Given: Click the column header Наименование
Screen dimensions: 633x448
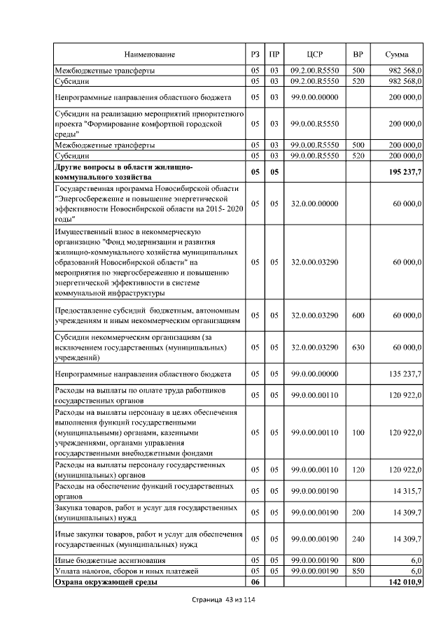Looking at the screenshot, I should [150, 55].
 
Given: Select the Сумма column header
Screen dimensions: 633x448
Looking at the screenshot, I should [398, 55].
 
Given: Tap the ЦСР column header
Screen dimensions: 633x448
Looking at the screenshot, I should [314, 55].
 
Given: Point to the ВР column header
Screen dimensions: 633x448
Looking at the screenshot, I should [358, 55].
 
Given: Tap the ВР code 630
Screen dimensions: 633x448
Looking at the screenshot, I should [358, 347].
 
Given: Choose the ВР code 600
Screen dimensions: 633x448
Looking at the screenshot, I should [358, 316].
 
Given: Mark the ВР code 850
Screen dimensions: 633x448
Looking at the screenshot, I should [358, 571].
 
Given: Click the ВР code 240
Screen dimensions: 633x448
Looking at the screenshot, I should [358, 539].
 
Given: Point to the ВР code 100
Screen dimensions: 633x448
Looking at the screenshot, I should [358, 432].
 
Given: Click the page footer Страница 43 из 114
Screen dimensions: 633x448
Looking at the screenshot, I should [223, 602].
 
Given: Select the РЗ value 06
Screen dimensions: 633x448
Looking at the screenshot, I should [255, 581].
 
